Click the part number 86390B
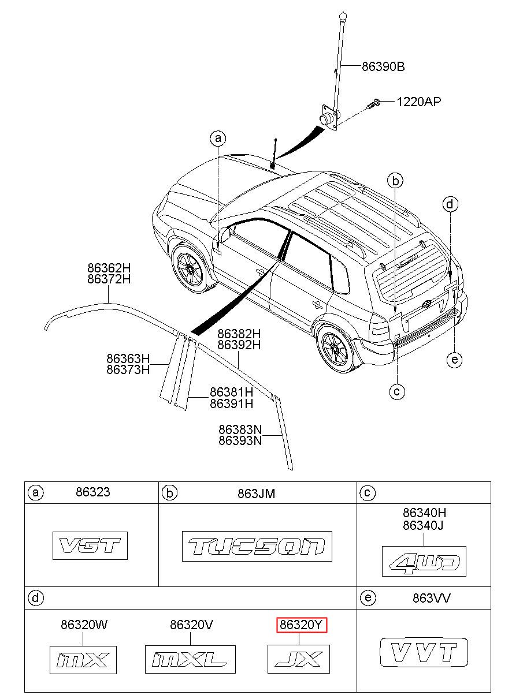coord(383,67)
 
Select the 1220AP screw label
coord(418,102)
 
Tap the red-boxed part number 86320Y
coord(302,625)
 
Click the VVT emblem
coord(424,652)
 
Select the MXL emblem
coord(190,660)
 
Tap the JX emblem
coord(299,659)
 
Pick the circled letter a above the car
coord(218,138)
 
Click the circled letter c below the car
coord(397,391)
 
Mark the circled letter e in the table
coord(368,597)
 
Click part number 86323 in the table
coord(93,492)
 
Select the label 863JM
coord(256,494)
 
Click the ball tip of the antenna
coord(343,14)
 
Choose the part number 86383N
coord(240,429)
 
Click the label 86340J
coord(423,526)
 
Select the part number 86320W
coord(84,625)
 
